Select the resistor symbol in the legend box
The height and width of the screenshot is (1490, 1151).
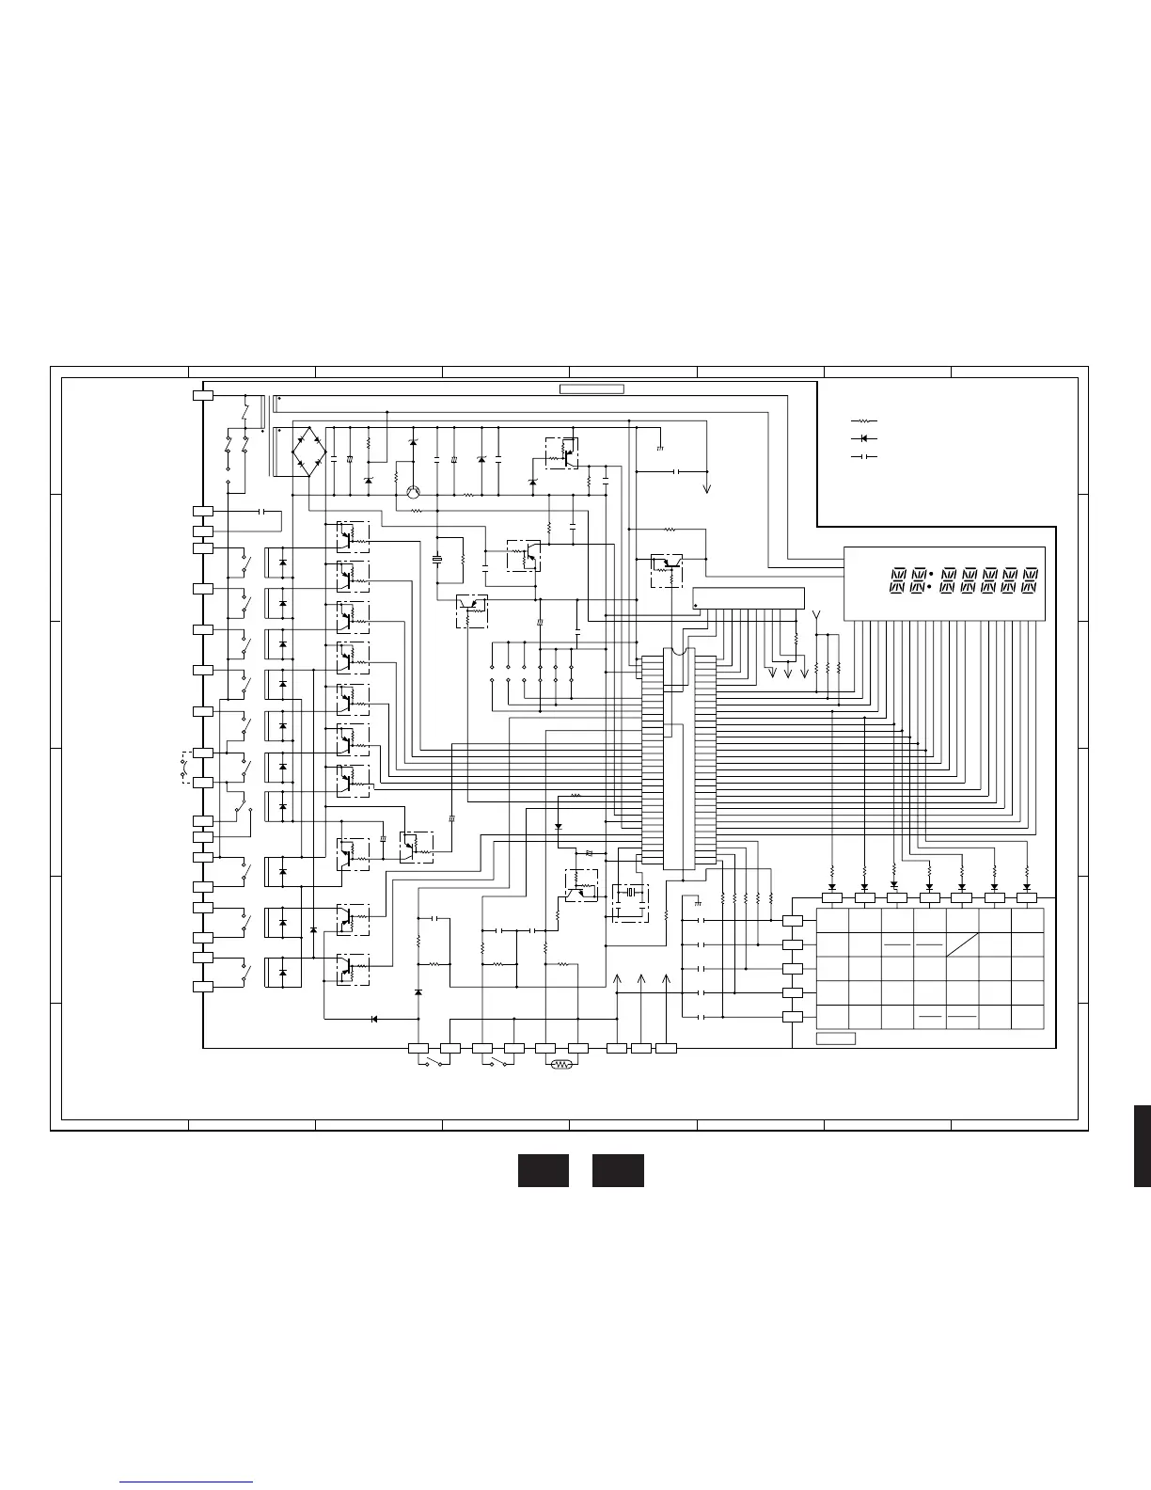(863, 421)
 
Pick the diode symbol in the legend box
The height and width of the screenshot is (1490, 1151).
(863, 438)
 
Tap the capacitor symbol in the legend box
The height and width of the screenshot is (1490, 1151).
(863, 456)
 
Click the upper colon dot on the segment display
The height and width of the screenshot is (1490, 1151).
(929, 573)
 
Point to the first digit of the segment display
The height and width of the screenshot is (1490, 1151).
(897, 580)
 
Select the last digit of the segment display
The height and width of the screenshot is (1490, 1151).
(1031, 580)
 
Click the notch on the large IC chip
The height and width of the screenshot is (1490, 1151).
(677, 651)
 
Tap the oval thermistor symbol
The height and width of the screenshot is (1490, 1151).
(562, 1065)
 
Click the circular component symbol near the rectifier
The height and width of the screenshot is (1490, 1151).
(413, 492)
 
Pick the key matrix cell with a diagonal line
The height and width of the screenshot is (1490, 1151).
(961, 944)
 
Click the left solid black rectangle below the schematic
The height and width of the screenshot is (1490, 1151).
(544, 1170)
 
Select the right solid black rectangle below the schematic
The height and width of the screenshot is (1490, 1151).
(618, 1170)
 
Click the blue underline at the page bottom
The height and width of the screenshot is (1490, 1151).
(187, 1483)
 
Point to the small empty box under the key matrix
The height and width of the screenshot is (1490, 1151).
(835, 1038)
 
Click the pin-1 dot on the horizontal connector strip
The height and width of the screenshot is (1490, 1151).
(697, 607)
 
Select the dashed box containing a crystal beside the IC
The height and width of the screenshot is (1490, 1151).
(631, 901)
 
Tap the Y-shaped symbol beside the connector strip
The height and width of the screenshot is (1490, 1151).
(815, 616)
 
